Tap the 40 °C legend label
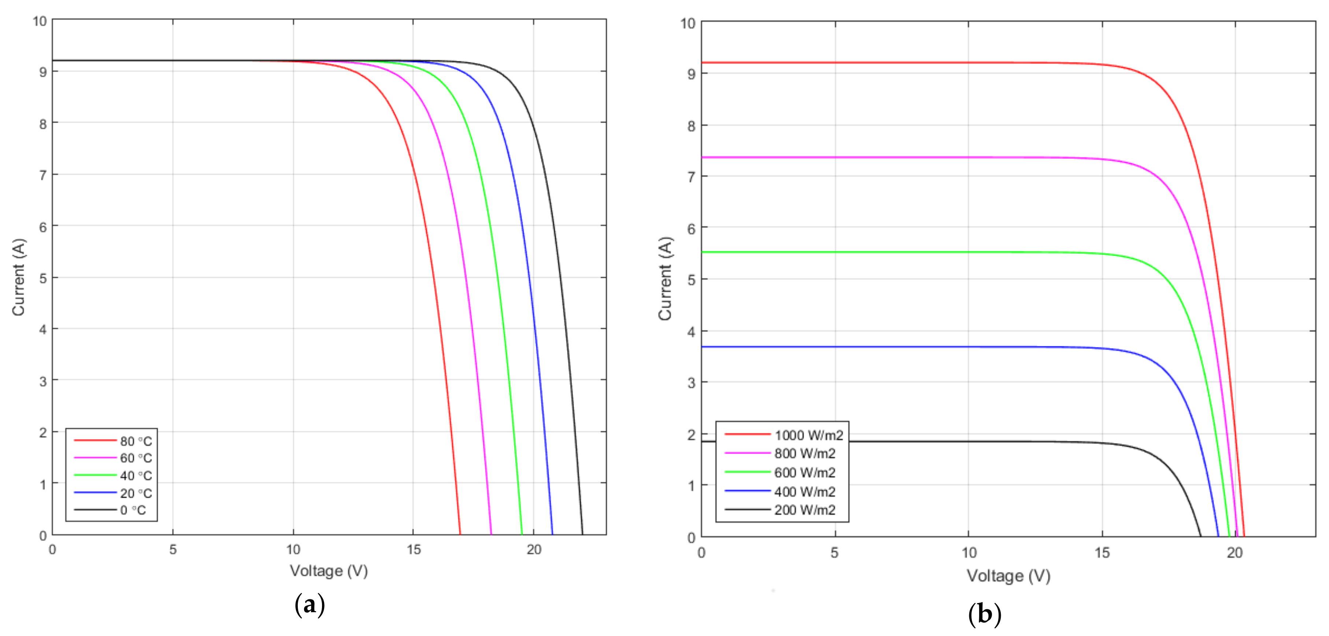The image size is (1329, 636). pyautogui.click(x=136, y=476)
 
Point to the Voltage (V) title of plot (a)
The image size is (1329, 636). pyautogui.click(x=329, y=570)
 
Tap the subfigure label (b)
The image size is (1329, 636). pyautogui.click(x=984, y=614)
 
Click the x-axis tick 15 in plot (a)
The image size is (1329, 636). pyautogui.click(x=413, y=549)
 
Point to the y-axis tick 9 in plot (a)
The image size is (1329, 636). pyautogui.click(x=43, y=72)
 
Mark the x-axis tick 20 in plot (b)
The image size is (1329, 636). pyautogui.click(x=1234, y=553)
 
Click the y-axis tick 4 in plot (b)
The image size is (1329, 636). pyautogui.click(x=691, y=332)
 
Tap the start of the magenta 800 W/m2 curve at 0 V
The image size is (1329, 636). pyautogui.click(x=703, y=157)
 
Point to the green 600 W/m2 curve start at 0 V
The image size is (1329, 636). pyautogui.click(x=703, y=252)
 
